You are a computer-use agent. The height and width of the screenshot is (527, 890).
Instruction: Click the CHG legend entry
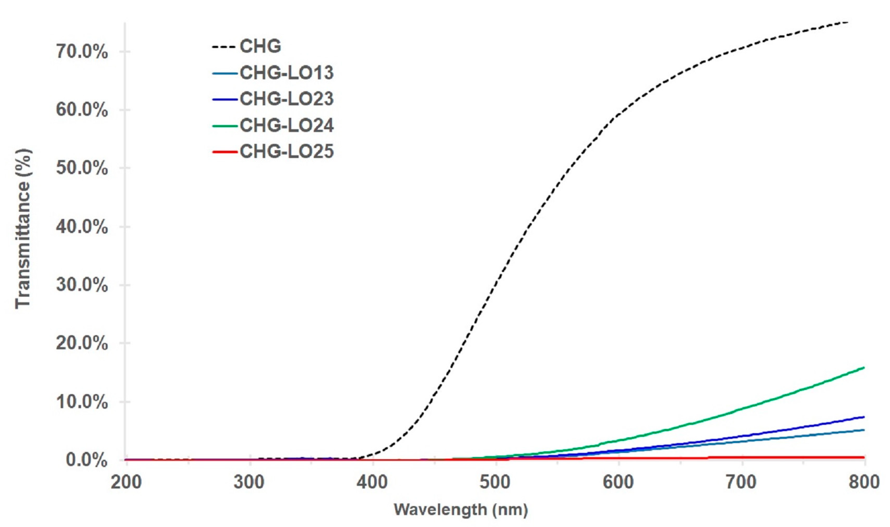pyautogui.click(x=260, y=46)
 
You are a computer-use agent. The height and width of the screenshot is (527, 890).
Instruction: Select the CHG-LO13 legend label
pyautogui.click(x=287, y=73)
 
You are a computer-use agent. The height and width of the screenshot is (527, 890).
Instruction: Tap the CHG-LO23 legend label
pyautogui.click(x=287, y=99)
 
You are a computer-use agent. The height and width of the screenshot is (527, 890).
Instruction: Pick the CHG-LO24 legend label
pyautogui.click(x=287, y=125)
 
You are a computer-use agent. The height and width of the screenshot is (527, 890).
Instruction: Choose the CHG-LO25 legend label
pyautogui.click(x=287, y=152)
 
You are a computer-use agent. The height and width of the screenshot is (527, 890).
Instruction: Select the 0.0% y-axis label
pyautogui.click(x=87, y=460)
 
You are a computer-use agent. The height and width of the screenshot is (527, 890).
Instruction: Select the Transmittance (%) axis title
pyautogui.click(x=23, y=229)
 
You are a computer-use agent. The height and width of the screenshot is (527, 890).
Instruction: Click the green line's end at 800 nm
pyautogui.click(x=863, y=368)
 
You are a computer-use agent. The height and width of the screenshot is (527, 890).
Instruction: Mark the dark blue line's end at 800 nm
pyautogui.click(x=863, y=417)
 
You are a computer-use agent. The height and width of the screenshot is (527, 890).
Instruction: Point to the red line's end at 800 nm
pyautogui.click(x=863, y=457)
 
